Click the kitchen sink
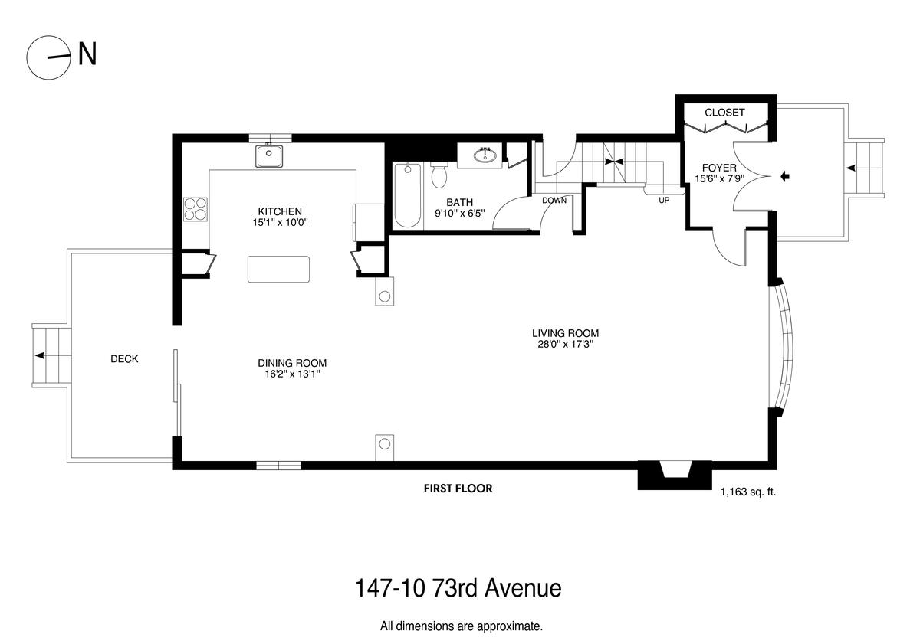pyautogui.click(x=269, y=156)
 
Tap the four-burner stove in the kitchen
pyautogui.click(x=195, y=209)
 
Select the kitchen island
pyautogui.click(x=278, y=269)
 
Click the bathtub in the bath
pyautogui.click(x=407, y=195)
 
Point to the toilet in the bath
pyautogui.click(x=439, y=175)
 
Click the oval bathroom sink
pyautogui.click(x=485, y=155)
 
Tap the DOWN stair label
pyautogui.click(x=554, y=201)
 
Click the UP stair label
pyautogui.click(x=664, y=200)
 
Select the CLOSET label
pyautogui.click(x=724, y=113)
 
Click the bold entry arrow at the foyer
pyautogui.click(x=785, y=176)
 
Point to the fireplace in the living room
pyautogui.click(x=675, y=475)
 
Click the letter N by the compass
pyautogui.click(x=87, y=54)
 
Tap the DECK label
pyautogui.click(x=124, y=359)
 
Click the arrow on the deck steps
pyautogui.click(x=40, y=355)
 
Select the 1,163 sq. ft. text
pyautogui.click(x=748, y=492)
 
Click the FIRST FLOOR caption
pyautogui.click(x=458, y=489)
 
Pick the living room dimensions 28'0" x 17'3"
pyautogui.click(x=566, y=344)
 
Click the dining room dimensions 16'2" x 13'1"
pyautogui.click(x=292, y=374)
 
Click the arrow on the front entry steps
pyautogui.click(x=850, y=168)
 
